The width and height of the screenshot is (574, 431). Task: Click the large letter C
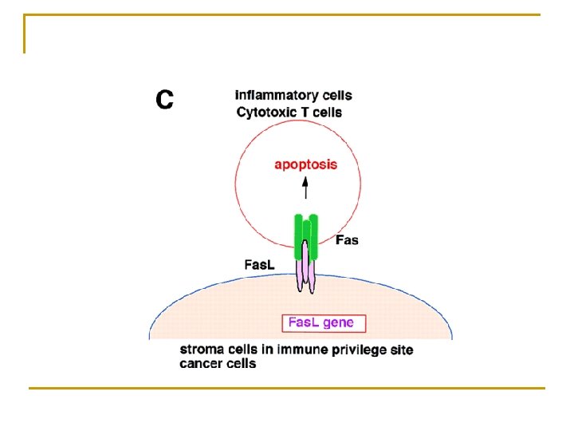164,100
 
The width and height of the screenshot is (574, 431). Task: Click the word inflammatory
276,96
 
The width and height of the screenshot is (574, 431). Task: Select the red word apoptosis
305,165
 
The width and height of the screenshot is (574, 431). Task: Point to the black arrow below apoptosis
305,188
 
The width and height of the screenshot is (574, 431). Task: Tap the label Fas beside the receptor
347,239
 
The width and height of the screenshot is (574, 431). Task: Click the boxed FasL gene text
324,323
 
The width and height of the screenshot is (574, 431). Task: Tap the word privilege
356,350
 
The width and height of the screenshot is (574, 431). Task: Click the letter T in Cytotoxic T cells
305,113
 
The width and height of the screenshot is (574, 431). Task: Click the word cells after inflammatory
335,96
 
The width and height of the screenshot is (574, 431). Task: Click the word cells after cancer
241,364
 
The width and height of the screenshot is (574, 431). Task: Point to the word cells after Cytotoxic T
327,113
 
